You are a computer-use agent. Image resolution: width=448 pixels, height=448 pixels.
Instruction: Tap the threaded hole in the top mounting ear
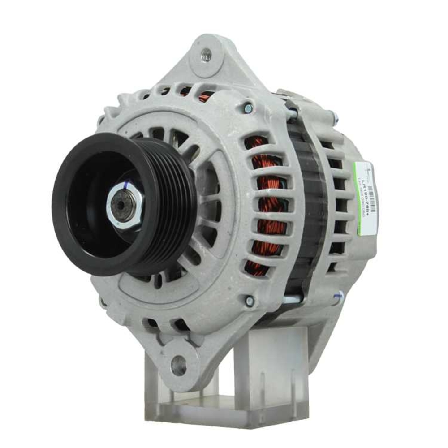pos(207,56)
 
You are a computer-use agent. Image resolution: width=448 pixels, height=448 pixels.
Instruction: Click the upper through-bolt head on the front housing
pos(248,108)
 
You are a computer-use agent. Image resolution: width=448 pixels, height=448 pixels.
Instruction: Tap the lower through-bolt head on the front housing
pos(250,302)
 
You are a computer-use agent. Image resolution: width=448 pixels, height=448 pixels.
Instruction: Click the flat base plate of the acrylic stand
pos(224,410)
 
